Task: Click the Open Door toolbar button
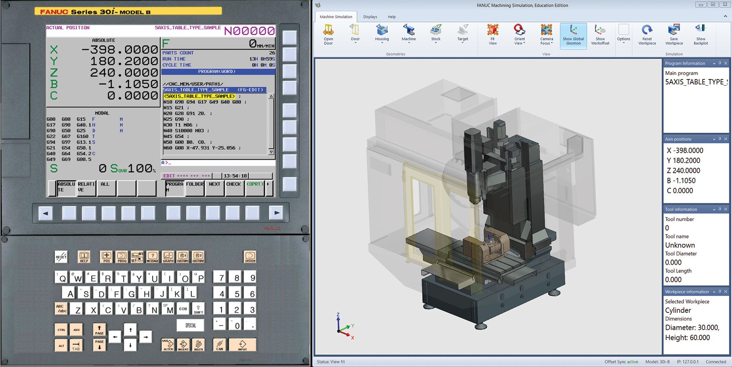328,34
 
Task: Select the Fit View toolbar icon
492,34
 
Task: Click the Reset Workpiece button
647,34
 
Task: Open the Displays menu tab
370,17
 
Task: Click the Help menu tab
392,17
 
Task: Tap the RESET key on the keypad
61,257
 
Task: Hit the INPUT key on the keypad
242,345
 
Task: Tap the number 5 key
237,293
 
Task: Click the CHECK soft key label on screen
233,185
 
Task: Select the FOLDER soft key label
195,185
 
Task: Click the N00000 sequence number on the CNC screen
249,31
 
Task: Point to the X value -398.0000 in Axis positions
685,150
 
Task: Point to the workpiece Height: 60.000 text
687,338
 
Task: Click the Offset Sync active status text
621,362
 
